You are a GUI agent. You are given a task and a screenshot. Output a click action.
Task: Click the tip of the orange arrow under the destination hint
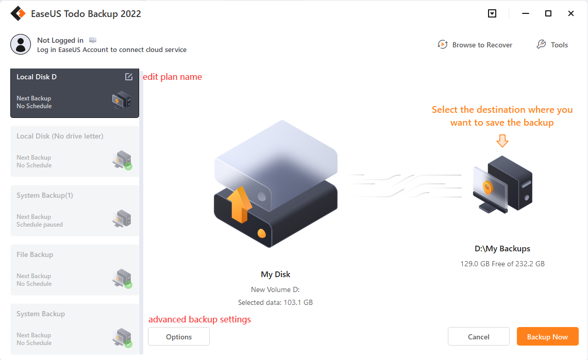click(x=502, y=147)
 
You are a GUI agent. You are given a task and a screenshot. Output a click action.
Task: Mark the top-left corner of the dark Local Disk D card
click(x=10, y=68)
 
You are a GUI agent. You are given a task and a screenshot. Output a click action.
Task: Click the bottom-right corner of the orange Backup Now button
click(x=579, y=346)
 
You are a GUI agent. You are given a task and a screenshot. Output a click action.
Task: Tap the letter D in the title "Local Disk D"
click(x=54, y=77)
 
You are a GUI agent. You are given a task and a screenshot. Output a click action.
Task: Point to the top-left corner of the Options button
click(x=148, y=328)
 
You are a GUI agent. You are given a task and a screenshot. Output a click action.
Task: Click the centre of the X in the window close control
click(x=571, y=13)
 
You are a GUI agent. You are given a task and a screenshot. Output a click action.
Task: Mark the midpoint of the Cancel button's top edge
click(x=479, y=328)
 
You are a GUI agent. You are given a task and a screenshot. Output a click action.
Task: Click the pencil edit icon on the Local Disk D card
click(x=129, y=77)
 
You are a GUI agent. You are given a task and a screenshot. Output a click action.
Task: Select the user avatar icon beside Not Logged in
click(x=21, y=45)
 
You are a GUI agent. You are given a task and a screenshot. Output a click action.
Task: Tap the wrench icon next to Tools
click(x=541, y=45)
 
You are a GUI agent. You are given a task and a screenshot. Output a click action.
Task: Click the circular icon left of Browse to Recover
click(x=443, y=45)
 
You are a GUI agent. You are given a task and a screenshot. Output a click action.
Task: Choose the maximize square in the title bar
click(x=548, y=13)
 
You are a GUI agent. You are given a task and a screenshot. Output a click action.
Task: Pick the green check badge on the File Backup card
click(x=128, y=285)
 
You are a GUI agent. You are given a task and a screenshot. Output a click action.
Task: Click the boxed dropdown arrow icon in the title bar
click(x=492, y=13)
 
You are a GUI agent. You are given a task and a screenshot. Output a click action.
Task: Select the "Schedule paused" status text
click(x=39, y=225)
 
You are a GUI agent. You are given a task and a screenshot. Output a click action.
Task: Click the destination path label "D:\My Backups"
click(x=502, y=249)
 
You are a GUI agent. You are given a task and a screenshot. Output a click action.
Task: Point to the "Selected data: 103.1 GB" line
click(x=275, y=302)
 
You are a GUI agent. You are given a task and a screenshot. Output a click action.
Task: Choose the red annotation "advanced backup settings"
click(x=199, y=319)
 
